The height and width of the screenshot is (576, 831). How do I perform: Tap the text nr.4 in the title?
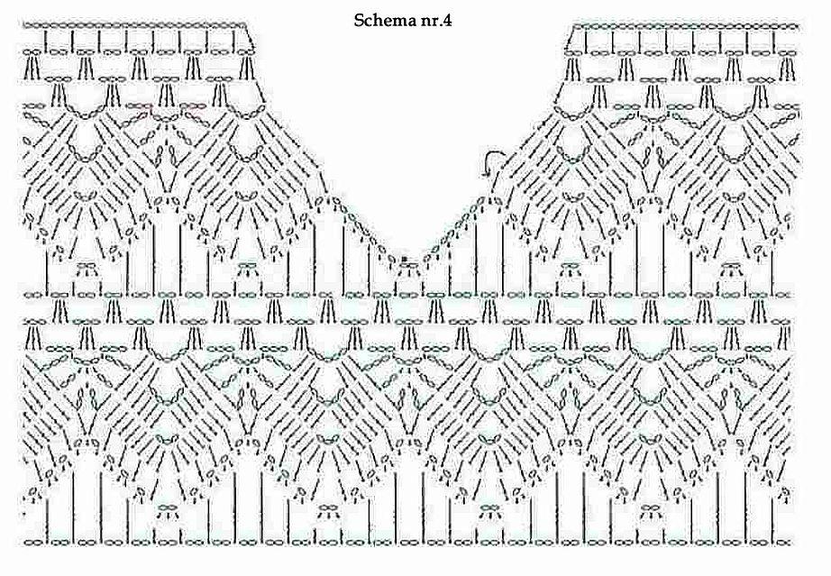[437, 22]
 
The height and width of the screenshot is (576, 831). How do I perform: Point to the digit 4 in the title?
[448, 21]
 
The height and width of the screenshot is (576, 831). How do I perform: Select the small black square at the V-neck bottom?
[405, 259]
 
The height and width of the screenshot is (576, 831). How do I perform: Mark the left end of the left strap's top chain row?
[23, 25]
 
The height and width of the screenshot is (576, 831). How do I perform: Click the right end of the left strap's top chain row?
[246, 25]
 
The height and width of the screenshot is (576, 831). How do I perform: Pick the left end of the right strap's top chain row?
[574, 26]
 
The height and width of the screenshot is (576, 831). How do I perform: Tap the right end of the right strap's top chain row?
[799, 26]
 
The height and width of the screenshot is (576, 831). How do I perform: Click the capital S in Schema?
[359, 21]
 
